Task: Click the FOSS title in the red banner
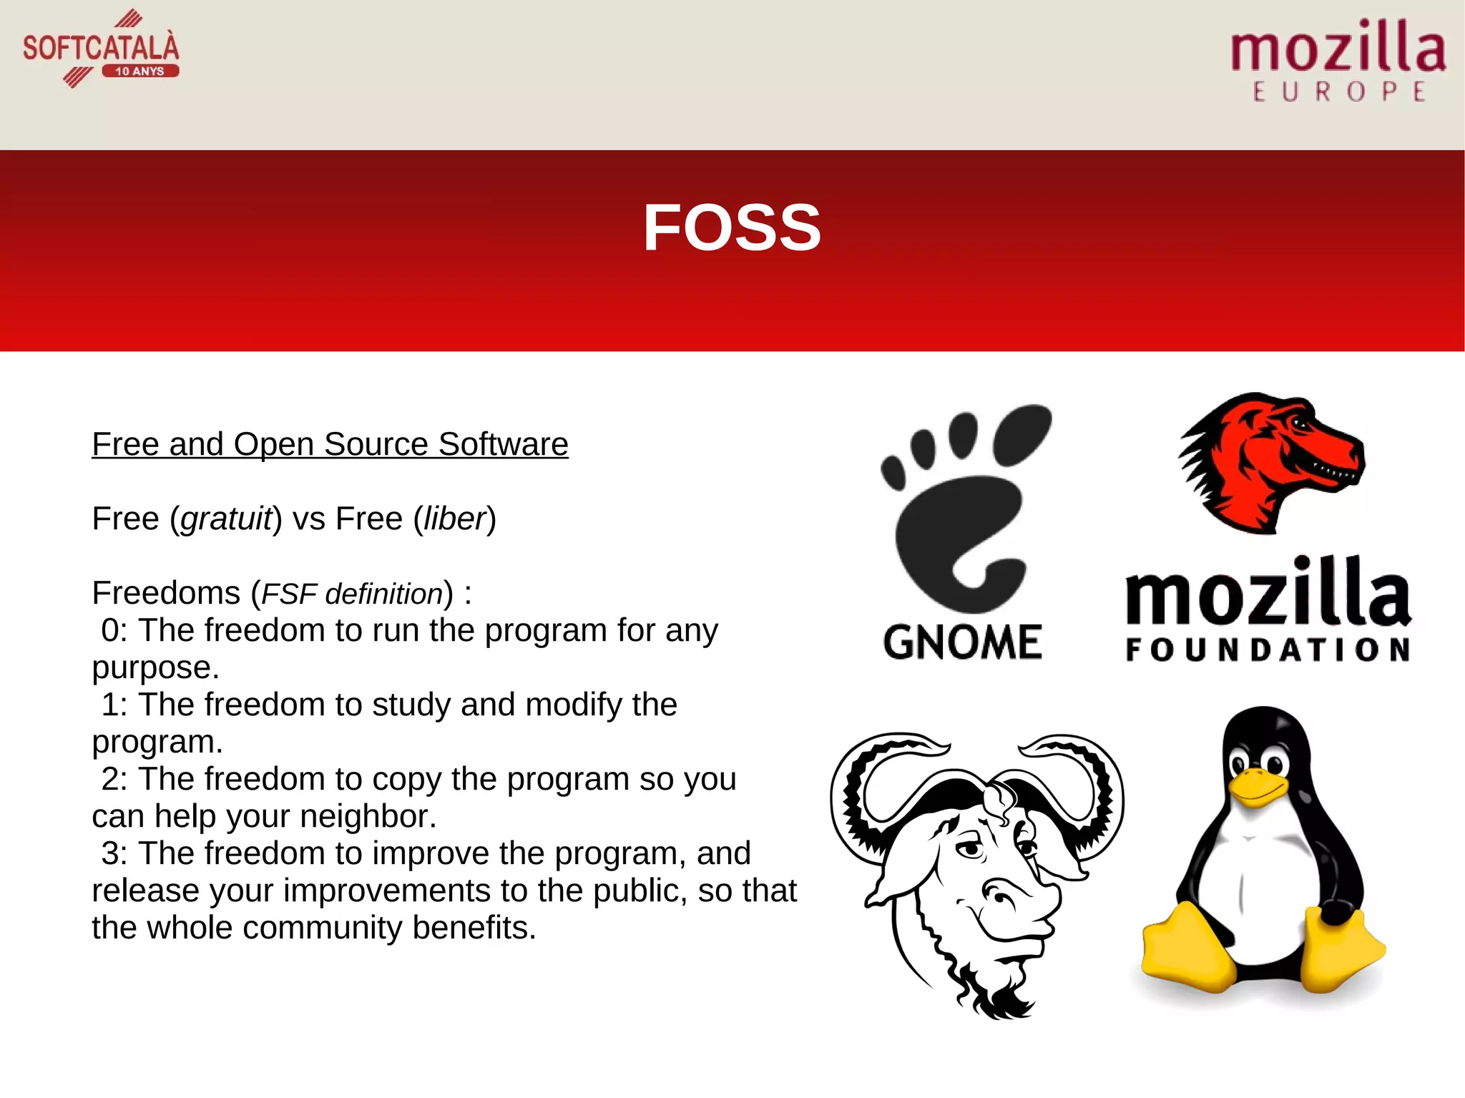click(732, 227)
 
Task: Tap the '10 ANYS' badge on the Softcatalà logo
click(140, 71)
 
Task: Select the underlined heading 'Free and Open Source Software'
click(330, 444)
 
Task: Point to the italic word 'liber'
click(454, 519)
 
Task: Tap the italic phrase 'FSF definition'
click(352, 594)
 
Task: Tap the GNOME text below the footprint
click(962, 642)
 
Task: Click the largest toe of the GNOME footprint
click(1021, 433)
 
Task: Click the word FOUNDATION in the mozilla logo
click(1267, 650)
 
